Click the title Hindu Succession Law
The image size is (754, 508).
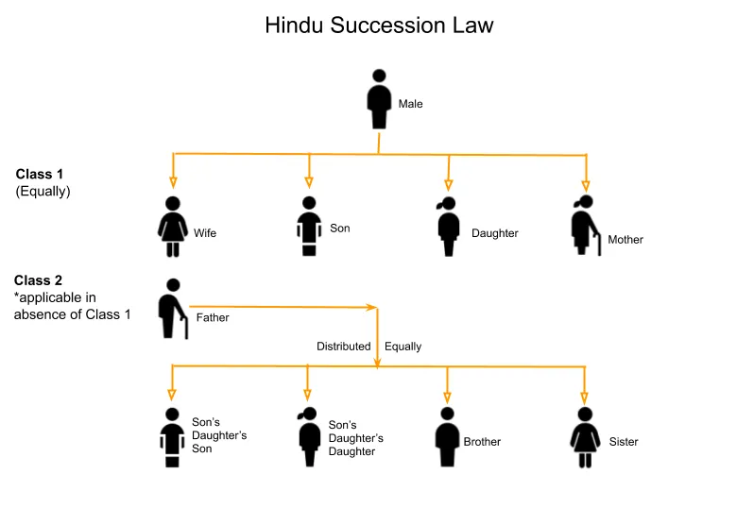click(379, 25)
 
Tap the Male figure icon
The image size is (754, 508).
click(379, 98)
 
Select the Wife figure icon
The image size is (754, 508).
click(172, 227)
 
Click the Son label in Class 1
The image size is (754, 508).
click(340, 229)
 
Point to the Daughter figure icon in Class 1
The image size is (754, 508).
click(447, 227)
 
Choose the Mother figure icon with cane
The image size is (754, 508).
click(583, 226)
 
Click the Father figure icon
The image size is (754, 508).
click(172, 309)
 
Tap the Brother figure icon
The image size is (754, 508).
click(447, 437)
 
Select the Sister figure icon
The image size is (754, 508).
click(584, 437)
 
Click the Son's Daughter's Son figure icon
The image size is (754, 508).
click(172, 437)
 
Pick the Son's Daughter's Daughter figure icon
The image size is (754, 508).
click(308, 437)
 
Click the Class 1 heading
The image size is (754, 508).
click(40, 175)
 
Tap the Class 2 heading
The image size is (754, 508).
click(39, 280)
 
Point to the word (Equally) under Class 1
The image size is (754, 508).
click(43, 192)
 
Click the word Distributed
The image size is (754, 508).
click(344, 347)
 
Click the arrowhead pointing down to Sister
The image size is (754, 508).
click(584, 396)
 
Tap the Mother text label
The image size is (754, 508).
click(625, 240)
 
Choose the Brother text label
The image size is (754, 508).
click(482, 442)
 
